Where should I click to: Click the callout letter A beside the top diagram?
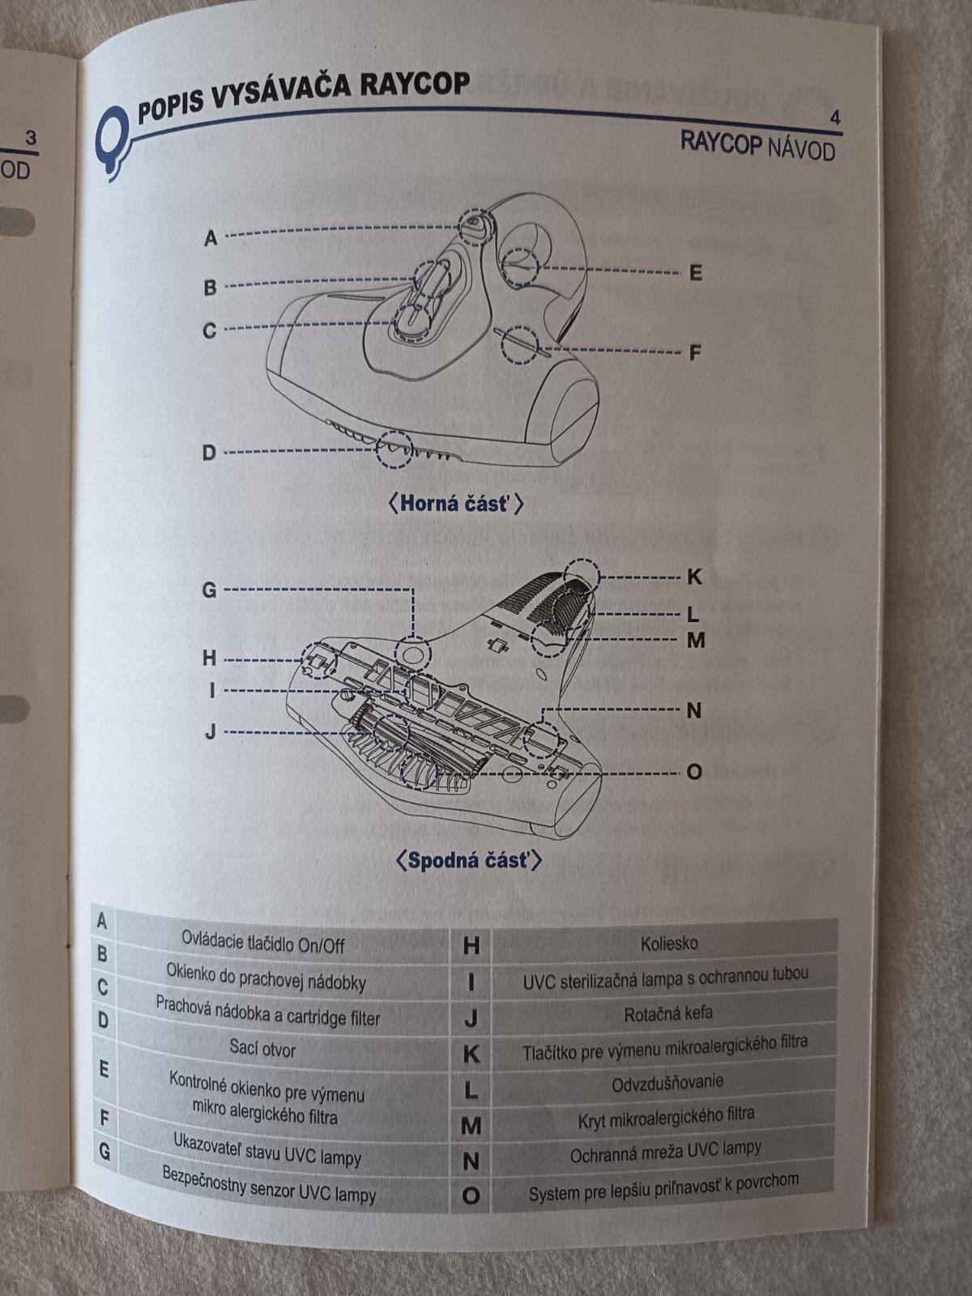[x=211, y=238]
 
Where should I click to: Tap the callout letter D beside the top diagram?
[x=210, y=453]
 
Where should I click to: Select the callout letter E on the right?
[x=696, y=273]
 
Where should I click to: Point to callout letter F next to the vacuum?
[x=696, y=353]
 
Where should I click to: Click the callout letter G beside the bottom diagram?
[x=210, y=590]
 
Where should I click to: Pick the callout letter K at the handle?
[x=695, y=577]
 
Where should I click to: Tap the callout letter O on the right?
[x=695, y=772]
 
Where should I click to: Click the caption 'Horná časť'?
[x=455, y=504]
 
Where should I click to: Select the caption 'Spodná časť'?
[x=468, y=860]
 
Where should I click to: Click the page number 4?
[x=835, y=118]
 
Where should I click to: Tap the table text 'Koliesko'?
[x=669, y=944]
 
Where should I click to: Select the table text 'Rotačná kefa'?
[x=668, y=1014]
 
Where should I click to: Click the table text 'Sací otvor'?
[x=262, y=1048]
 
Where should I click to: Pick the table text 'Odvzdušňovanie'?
[x=667, y=1081]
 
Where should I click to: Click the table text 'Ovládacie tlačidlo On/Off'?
[x=263, y=944]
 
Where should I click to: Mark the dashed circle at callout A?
[x=475, y=225]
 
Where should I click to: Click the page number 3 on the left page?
[x=31, y=139]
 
